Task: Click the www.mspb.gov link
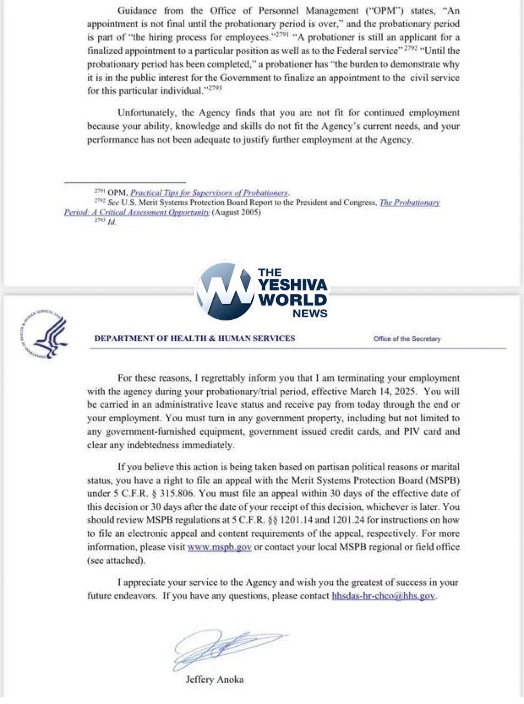coord(219,547)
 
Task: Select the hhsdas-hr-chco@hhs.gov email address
coord(383,596)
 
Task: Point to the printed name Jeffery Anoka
coord(215,679)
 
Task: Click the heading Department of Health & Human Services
coord(195,338)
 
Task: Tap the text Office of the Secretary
coord(407,339)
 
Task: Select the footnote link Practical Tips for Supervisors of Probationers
coord(209,193)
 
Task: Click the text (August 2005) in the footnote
coord(237,212)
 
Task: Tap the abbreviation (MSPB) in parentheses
coord(442,480)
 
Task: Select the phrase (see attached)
coord(116,560)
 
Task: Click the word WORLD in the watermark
coord(293,299)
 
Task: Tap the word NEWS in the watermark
coord(310,314)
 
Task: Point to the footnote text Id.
coord(112,222)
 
